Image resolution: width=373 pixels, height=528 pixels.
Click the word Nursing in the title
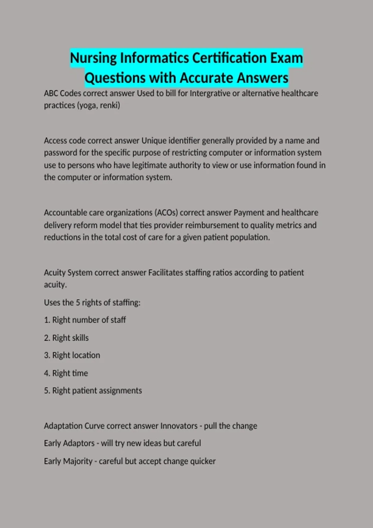(93, 58)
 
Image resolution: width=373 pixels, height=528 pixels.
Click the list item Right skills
(70, 338)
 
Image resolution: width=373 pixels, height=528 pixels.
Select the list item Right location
(76, 355)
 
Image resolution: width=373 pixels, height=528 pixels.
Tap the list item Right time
(70, 373)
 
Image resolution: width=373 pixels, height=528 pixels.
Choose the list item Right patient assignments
(97, 391)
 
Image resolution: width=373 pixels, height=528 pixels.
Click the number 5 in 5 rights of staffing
(78, 303)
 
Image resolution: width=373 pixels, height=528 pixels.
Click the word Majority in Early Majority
(78, 461)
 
